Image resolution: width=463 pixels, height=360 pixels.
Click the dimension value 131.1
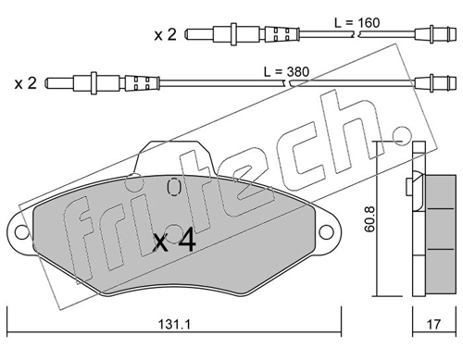[x=174, y=324]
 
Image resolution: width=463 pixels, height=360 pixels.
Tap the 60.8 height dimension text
[x=369, y=218]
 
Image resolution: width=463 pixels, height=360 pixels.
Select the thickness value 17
[x=434, y=324]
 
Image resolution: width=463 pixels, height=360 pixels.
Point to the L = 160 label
[x=357, y=23]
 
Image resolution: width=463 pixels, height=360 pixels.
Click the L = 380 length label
[x=286, y=72]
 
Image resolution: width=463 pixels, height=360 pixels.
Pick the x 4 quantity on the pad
[x=175, y=241]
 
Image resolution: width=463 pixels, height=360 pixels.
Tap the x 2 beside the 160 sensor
[x=166, y=34]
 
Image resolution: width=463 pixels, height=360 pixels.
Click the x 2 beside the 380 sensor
[x=26, y=83]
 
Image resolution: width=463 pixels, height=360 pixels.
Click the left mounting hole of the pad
[x=22, y=232]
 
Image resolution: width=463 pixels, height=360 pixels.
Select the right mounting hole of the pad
[x=326, y=232]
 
